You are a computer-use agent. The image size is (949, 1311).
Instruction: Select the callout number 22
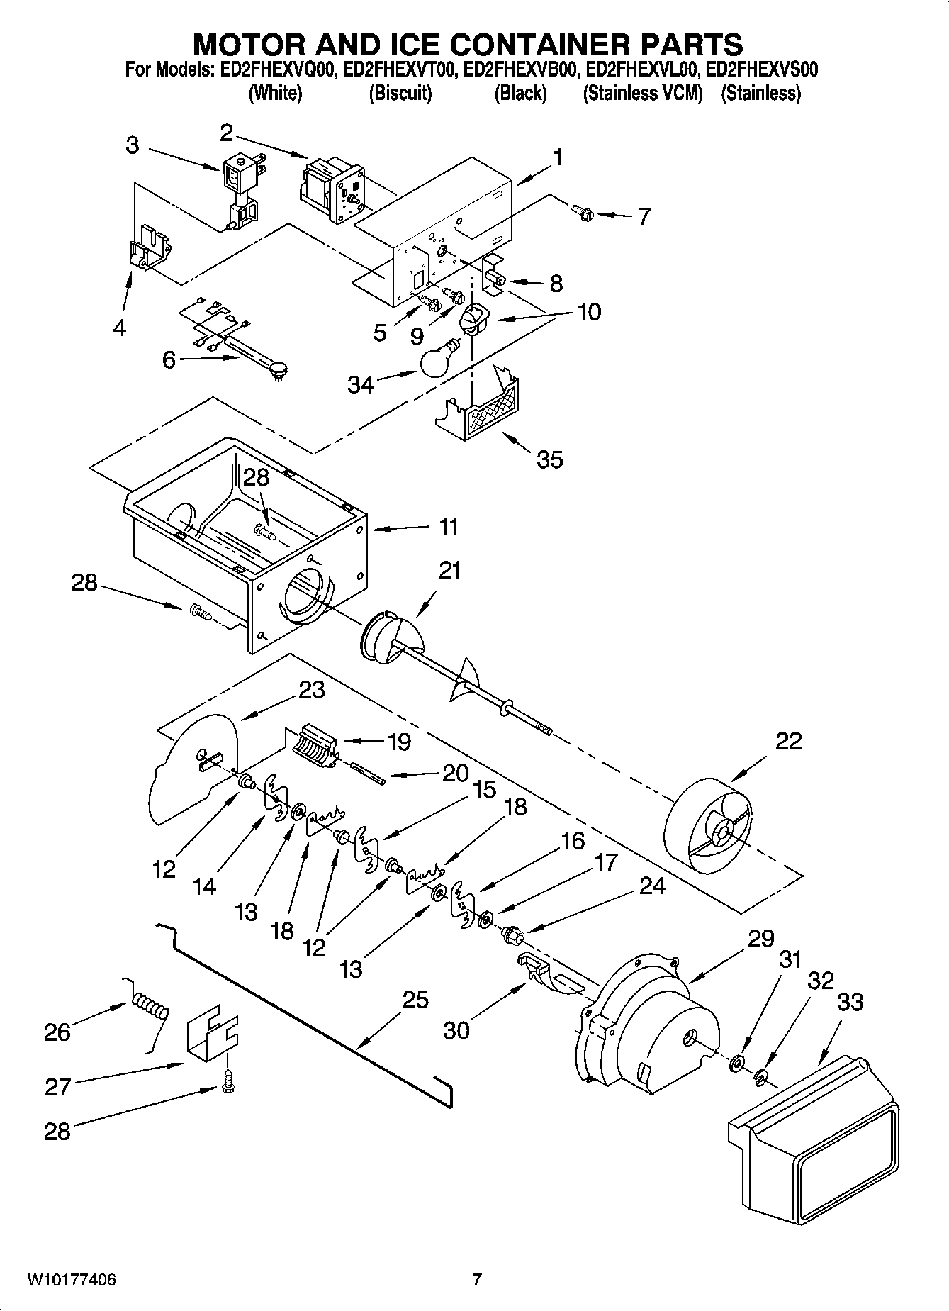(x=788, y=740)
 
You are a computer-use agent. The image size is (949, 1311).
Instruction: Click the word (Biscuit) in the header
(x=400, y=93)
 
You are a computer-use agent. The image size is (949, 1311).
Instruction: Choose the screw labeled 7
(x=580, y=210)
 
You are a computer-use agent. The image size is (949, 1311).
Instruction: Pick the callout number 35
(x=549, y=459)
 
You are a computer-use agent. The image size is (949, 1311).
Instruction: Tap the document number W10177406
(x=72, y=1280)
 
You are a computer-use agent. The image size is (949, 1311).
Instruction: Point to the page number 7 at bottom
(x=477, y=1280)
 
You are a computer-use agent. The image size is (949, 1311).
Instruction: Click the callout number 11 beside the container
(x=448, y=527)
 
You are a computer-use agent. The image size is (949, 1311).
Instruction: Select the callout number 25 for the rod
(x=415, y=1000)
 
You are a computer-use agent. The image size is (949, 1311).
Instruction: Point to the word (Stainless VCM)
(x=642, y=93)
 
